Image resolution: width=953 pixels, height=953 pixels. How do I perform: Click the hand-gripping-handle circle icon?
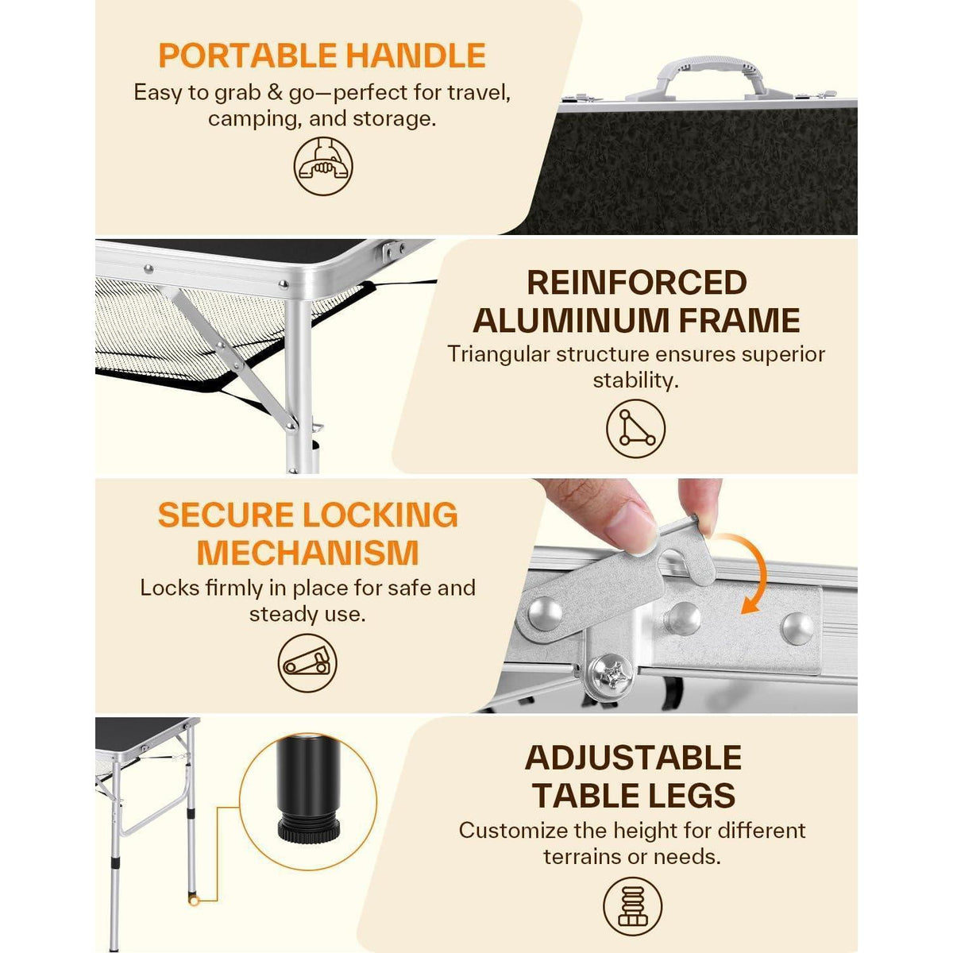323,166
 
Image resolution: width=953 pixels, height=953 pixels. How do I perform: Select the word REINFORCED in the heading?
636,283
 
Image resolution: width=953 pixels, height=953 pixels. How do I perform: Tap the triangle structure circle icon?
635,429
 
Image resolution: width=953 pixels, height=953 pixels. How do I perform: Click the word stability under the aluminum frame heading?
635,381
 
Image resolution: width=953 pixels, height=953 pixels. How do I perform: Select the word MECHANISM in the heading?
307,553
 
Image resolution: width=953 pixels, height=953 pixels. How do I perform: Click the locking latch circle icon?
307,662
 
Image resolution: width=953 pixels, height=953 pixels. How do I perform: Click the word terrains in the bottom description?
582,857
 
